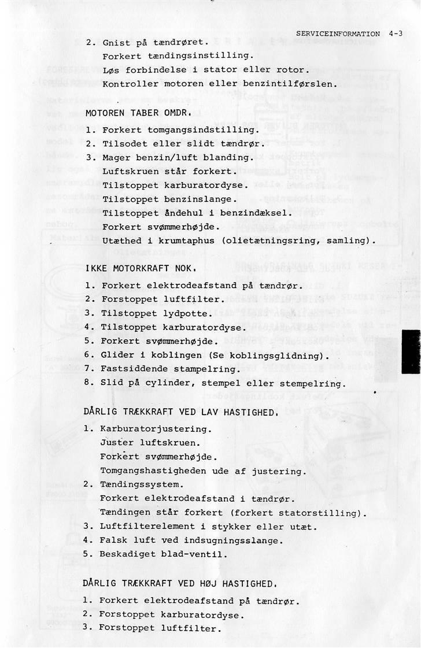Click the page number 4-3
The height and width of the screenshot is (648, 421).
pos(396,34)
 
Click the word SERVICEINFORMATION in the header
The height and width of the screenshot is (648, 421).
pos(338,34)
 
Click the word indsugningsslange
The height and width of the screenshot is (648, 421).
pos(236,540)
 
